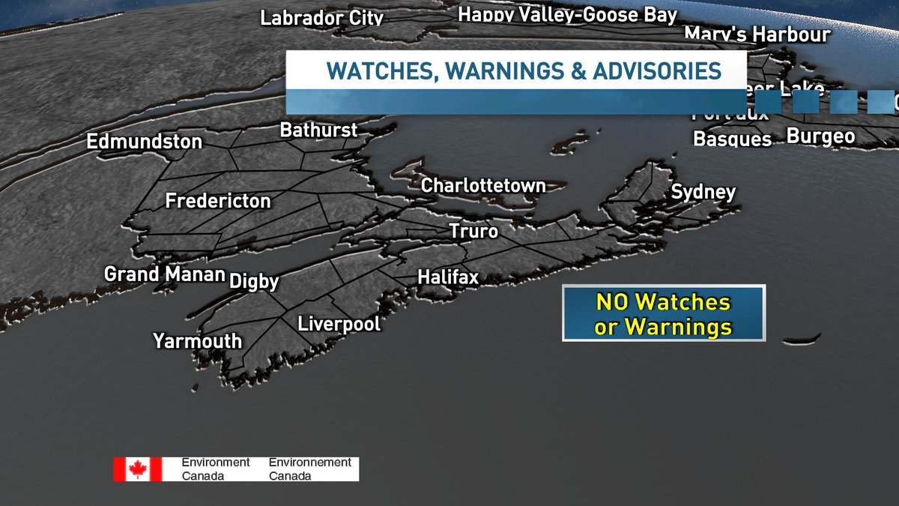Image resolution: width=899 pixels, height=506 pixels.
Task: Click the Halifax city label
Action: [448, 277]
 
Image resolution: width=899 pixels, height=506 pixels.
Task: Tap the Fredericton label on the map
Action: [218, 201]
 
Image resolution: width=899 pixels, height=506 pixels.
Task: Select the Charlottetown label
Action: [483, 185]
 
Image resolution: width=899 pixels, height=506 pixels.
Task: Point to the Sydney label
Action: [703, 192]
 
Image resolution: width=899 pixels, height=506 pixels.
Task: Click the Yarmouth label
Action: [198, 341]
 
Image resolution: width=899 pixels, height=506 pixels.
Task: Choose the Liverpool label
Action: [339, 324]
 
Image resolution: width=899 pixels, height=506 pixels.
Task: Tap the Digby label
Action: [254, 281]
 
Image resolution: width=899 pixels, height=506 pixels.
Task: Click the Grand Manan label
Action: [165, 274]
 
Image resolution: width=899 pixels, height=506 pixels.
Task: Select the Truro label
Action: [473, 231]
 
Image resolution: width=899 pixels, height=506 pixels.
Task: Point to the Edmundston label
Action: [145, 141]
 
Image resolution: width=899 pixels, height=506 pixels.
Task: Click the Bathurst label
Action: [318, 130]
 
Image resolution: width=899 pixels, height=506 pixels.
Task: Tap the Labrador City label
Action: [322, 17]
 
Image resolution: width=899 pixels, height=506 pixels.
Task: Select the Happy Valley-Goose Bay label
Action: [568, 14]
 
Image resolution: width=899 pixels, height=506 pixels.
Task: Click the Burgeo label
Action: [820, 136]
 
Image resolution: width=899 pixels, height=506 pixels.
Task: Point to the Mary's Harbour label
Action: [757, 34]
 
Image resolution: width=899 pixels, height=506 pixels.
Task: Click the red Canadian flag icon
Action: [137, 469]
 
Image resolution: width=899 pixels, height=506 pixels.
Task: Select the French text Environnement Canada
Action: [309, 469]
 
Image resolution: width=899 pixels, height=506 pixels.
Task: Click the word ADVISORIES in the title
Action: [657, 71]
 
